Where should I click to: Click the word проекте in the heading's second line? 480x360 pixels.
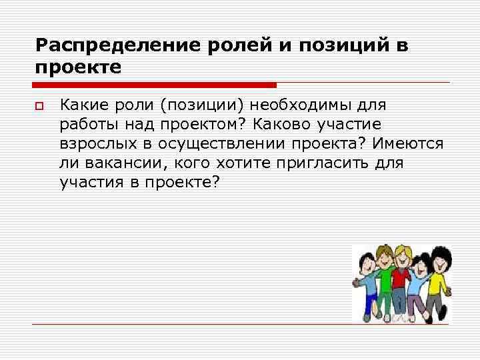point(79,68)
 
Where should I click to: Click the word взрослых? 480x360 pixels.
point(92,144)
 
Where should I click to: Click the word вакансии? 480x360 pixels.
point(114,163)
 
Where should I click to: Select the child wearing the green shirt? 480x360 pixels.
point(385,277)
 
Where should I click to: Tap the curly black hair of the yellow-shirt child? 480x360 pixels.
point(439,253)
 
